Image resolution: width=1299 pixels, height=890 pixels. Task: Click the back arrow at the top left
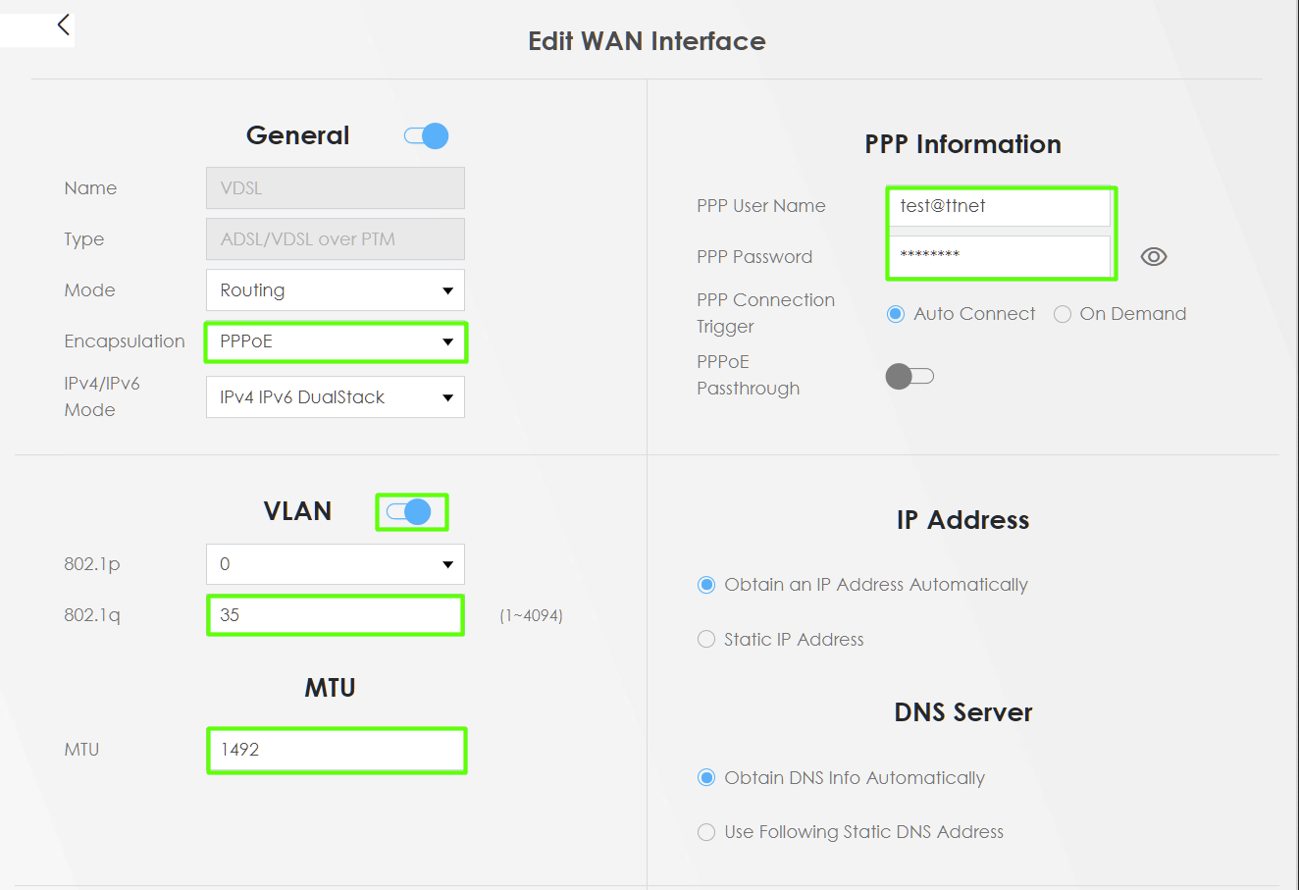click(x=64, y=25)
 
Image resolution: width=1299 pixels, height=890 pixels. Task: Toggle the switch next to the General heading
click(x=426, y=135)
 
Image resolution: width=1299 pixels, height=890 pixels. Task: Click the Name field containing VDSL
click(x=336, y=187)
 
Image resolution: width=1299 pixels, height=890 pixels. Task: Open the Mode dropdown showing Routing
click(x=336, y=289)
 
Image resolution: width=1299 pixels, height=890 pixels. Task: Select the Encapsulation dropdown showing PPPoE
click(x=336, y=341)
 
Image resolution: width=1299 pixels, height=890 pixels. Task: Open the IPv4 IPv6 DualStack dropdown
click(x=336, y=397)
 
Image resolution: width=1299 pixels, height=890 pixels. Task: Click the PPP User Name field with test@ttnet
click(x=999, y=206)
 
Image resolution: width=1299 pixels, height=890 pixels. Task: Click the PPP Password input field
click(x=999, y=256)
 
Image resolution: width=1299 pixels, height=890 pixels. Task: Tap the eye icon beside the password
click(x=1154, y=256)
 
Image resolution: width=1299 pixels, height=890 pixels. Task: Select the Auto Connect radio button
click(x=896, y=314)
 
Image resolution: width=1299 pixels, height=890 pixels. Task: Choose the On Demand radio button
click(x=1062, y=314)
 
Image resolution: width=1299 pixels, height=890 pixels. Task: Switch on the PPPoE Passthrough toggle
click(x=909, y=376)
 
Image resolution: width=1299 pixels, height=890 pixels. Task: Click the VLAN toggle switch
click(x=409, y=512)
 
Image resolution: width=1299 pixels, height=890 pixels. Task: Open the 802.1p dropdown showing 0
click(x=336, y=564)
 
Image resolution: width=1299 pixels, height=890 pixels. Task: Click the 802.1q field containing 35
click(x=336, y=615)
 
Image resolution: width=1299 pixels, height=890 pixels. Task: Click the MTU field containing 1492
click(x=337, y=750)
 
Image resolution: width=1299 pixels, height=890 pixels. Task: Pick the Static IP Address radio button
click(x=705, y=639)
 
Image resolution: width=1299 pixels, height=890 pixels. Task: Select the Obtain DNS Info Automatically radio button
click(x=705, y=777)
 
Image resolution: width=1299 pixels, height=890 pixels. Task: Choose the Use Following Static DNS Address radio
click(x=705, y=832)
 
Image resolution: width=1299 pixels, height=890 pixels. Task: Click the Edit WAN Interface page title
click(x=647, y=41)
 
